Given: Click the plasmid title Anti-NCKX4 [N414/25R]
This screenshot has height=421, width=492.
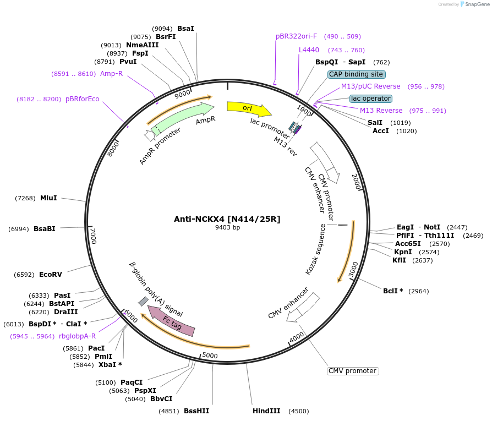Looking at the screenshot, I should pyautogui.click(x=227, y=219).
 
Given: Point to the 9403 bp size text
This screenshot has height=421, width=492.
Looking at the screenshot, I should pyautogui.click(x=227, y=227).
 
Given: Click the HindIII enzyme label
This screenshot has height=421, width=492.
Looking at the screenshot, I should pyautogui.click(x=266, y=411).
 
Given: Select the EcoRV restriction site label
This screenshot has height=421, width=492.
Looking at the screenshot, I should pyautogui.click(x=51, y=274).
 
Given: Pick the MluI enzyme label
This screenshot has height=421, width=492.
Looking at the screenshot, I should pyautogui.click(x=48, y=198).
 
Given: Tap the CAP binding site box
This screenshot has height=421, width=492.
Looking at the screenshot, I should pyautogui.click(x=356, y=74).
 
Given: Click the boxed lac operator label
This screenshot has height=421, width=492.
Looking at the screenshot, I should pyautogui.click(x=371, y=99).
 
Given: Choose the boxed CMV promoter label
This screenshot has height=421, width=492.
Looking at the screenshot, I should pyautogui.click(x=353, y=371).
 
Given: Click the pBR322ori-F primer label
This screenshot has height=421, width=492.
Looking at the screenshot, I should pyautogui.click(x=296, y=36).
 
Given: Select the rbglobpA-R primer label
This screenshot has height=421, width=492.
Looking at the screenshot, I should pyautogui.click(x=77, y=336).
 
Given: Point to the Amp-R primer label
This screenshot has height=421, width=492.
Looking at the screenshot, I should pyautogui.click(x=111, y=73).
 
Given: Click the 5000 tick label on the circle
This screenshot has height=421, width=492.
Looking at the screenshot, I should pyautogui.click(x=210, y=356).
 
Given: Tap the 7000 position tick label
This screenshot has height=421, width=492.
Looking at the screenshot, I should pyautogui.click(x=93, y=236).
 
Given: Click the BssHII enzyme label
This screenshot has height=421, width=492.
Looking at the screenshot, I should pyautogui.click(x=196, y=411).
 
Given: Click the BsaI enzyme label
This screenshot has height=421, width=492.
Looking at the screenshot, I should pyautogui.click(x=185, y=28).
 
